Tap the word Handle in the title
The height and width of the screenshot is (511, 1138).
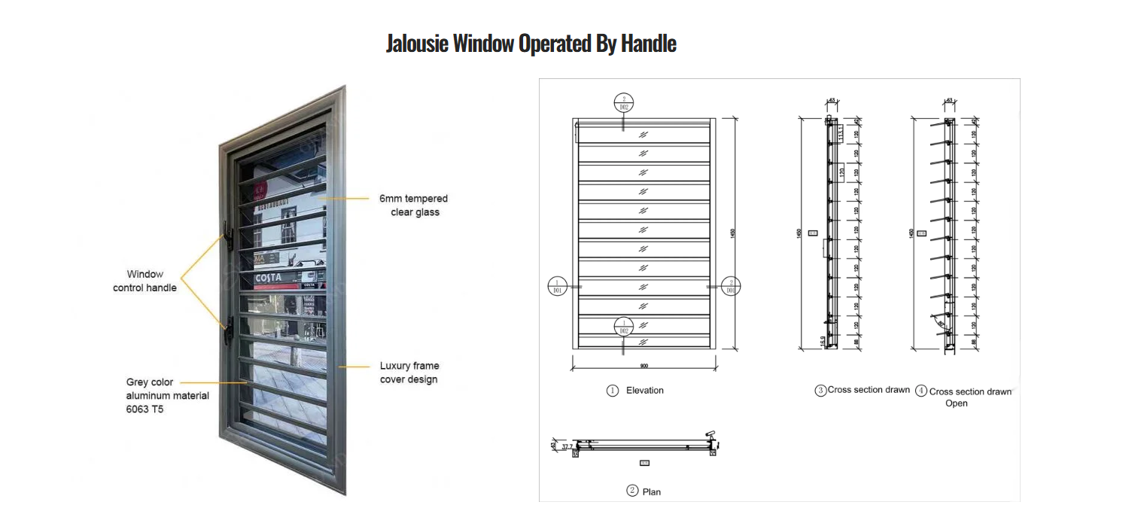[x=648, y=44]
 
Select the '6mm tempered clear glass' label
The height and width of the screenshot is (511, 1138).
[x=413, y=205]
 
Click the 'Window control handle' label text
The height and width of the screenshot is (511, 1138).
[x=145, y=281]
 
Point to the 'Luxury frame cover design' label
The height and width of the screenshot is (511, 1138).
[x=409, y=373]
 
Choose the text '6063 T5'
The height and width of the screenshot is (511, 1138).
[x=145, y=409]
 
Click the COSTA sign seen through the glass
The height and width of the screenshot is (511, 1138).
[x=269, y=278]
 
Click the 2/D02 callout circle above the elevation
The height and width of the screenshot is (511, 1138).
[x=623, y=103]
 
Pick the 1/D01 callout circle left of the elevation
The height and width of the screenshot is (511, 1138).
[x=558, y=286]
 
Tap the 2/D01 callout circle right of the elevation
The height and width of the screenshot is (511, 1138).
[x=730, y=286]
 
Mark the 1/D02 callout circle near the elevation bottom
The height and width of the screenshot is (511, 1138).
[x=623, y=326]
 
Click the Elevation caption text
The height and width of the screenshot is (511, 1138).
[x=644, y=391]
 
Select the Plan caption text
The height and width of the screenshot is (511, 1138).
[x=651, y=491]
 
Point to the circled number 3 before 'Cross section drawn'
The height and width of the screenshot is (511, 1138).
[x=820, y=391]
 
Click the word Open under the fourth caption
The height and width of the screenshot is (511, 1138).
[x=956, y=403]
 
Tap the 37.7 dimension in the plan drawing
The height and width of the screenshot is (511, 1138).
[x=565, y=446]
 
